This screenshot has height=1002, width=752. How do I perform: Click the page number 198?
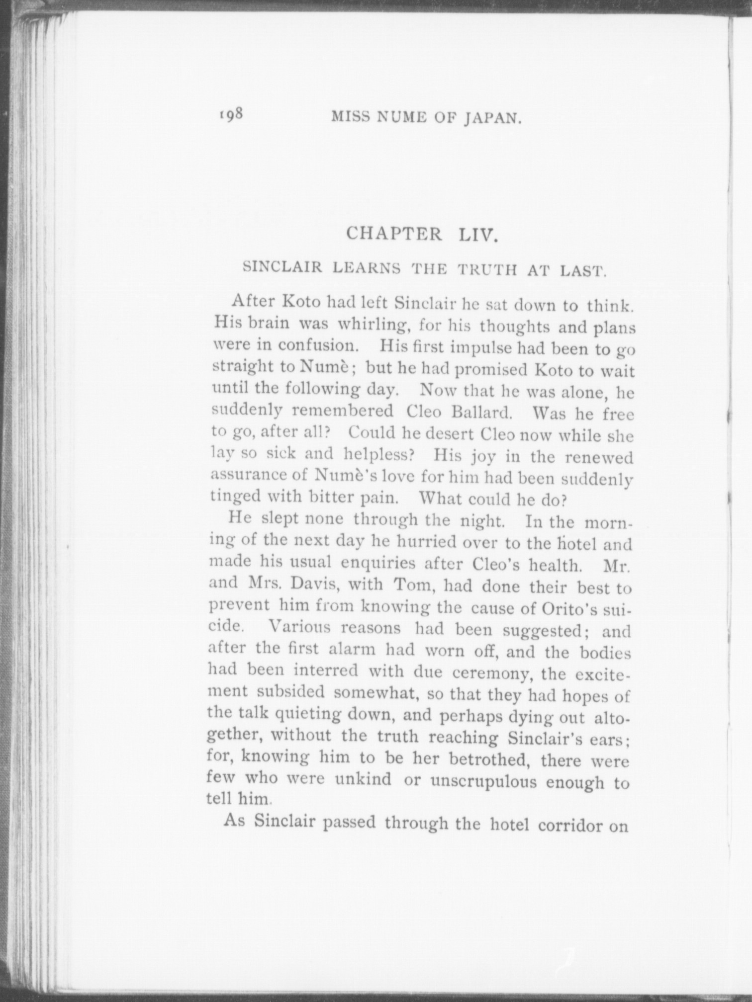tap(230, 114)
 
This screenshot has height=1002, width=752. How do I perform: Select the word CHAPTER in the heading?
tap(394, 233)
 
